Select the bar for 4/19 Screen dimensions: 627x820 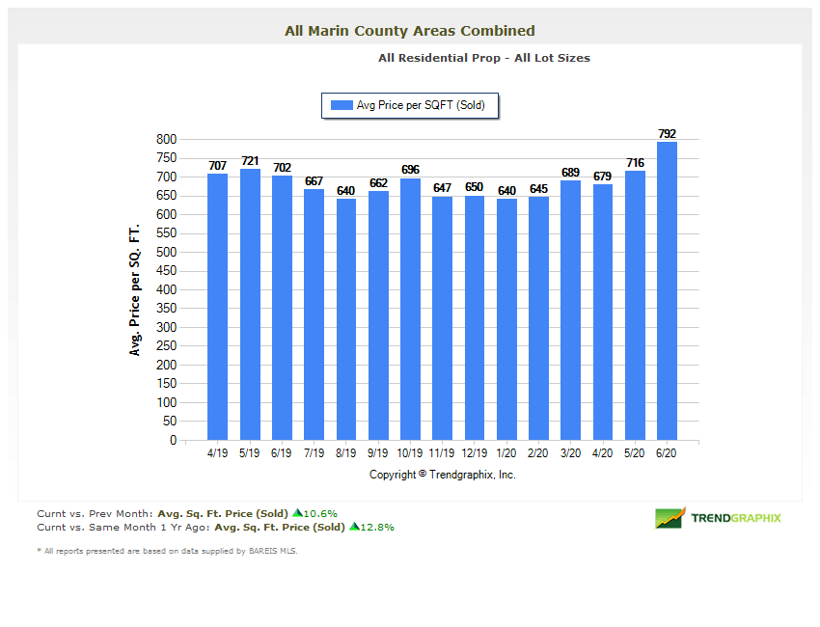coord(217,307)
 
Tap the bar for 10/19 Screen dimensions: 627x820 coord(410,309)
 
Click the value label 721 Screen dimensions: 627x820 coord(250,161)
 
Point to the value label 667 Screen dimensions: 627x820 coord(314,181)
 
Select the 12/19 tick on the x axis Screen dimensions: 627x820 coord(474,452)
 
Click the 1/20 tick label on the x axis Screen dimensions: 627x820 coord(506,452)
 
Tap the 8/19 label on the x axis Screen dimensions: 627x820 coord(345,452)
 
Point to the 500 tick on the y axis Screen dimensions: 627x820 coord(167,253)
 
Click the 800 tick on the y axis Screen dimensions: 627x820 coord(167,140)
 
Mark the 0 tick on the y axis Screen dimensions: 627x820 coord(173,441)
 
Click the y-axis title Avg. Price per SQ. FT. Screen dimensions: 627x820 coord(135,290)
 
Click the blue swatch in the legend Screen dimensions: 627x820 coord(342,105)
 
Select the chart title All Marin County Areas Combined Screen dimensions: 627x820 coord(410,31)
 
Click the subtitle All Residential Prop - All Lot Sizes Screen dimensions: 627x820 coord(484,58)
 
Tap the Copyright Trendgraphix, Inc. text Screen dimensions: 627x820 coord(443,475)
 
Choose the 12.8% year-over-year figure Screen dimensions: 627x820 coord(377,528)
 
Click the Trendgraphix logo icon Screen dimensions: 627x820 coord(670,518)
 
